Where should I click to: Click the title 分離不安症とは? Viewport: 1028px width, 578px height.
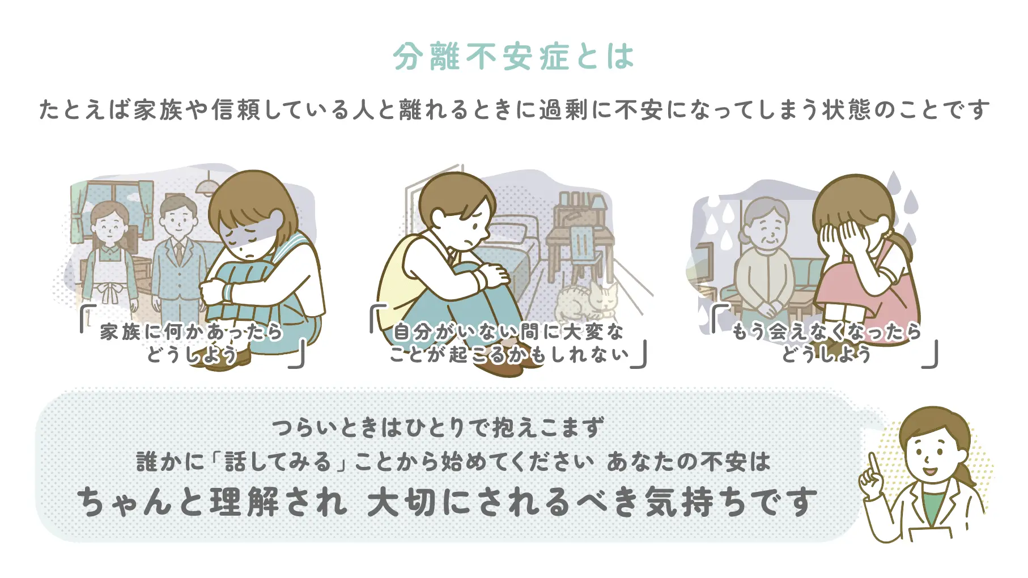(513, 57)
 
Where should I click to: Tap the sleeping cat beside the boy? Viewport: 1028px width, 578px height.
(587, 303)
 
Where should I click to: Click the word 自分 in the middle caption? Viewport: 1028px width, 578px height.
(413, 331)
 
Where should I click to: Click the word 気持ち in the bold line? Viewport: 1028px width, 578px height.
(703, 503)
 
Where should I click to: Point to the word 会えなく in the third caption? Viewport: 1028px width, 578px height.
(809, 331)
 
